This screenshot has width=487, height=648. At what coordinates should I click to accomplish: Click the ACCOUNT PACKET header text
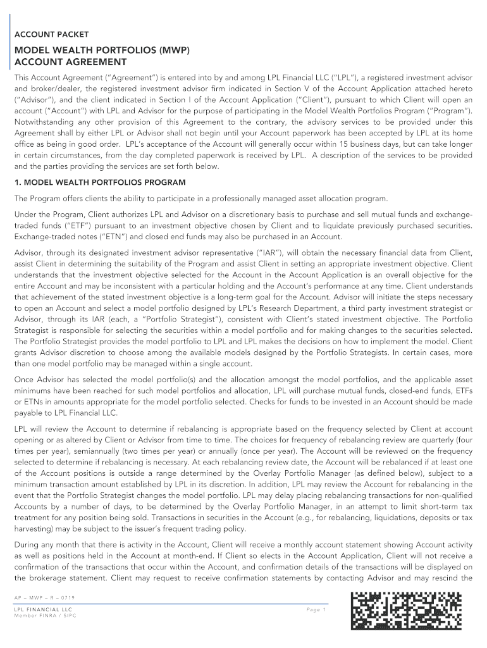coord(51,34)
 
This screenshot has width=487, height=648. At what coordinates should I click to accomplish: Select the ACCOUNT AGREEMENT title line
coord(70,62)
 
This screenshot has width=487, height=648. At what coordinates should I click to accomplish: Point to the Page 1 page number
coord(315,609)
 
